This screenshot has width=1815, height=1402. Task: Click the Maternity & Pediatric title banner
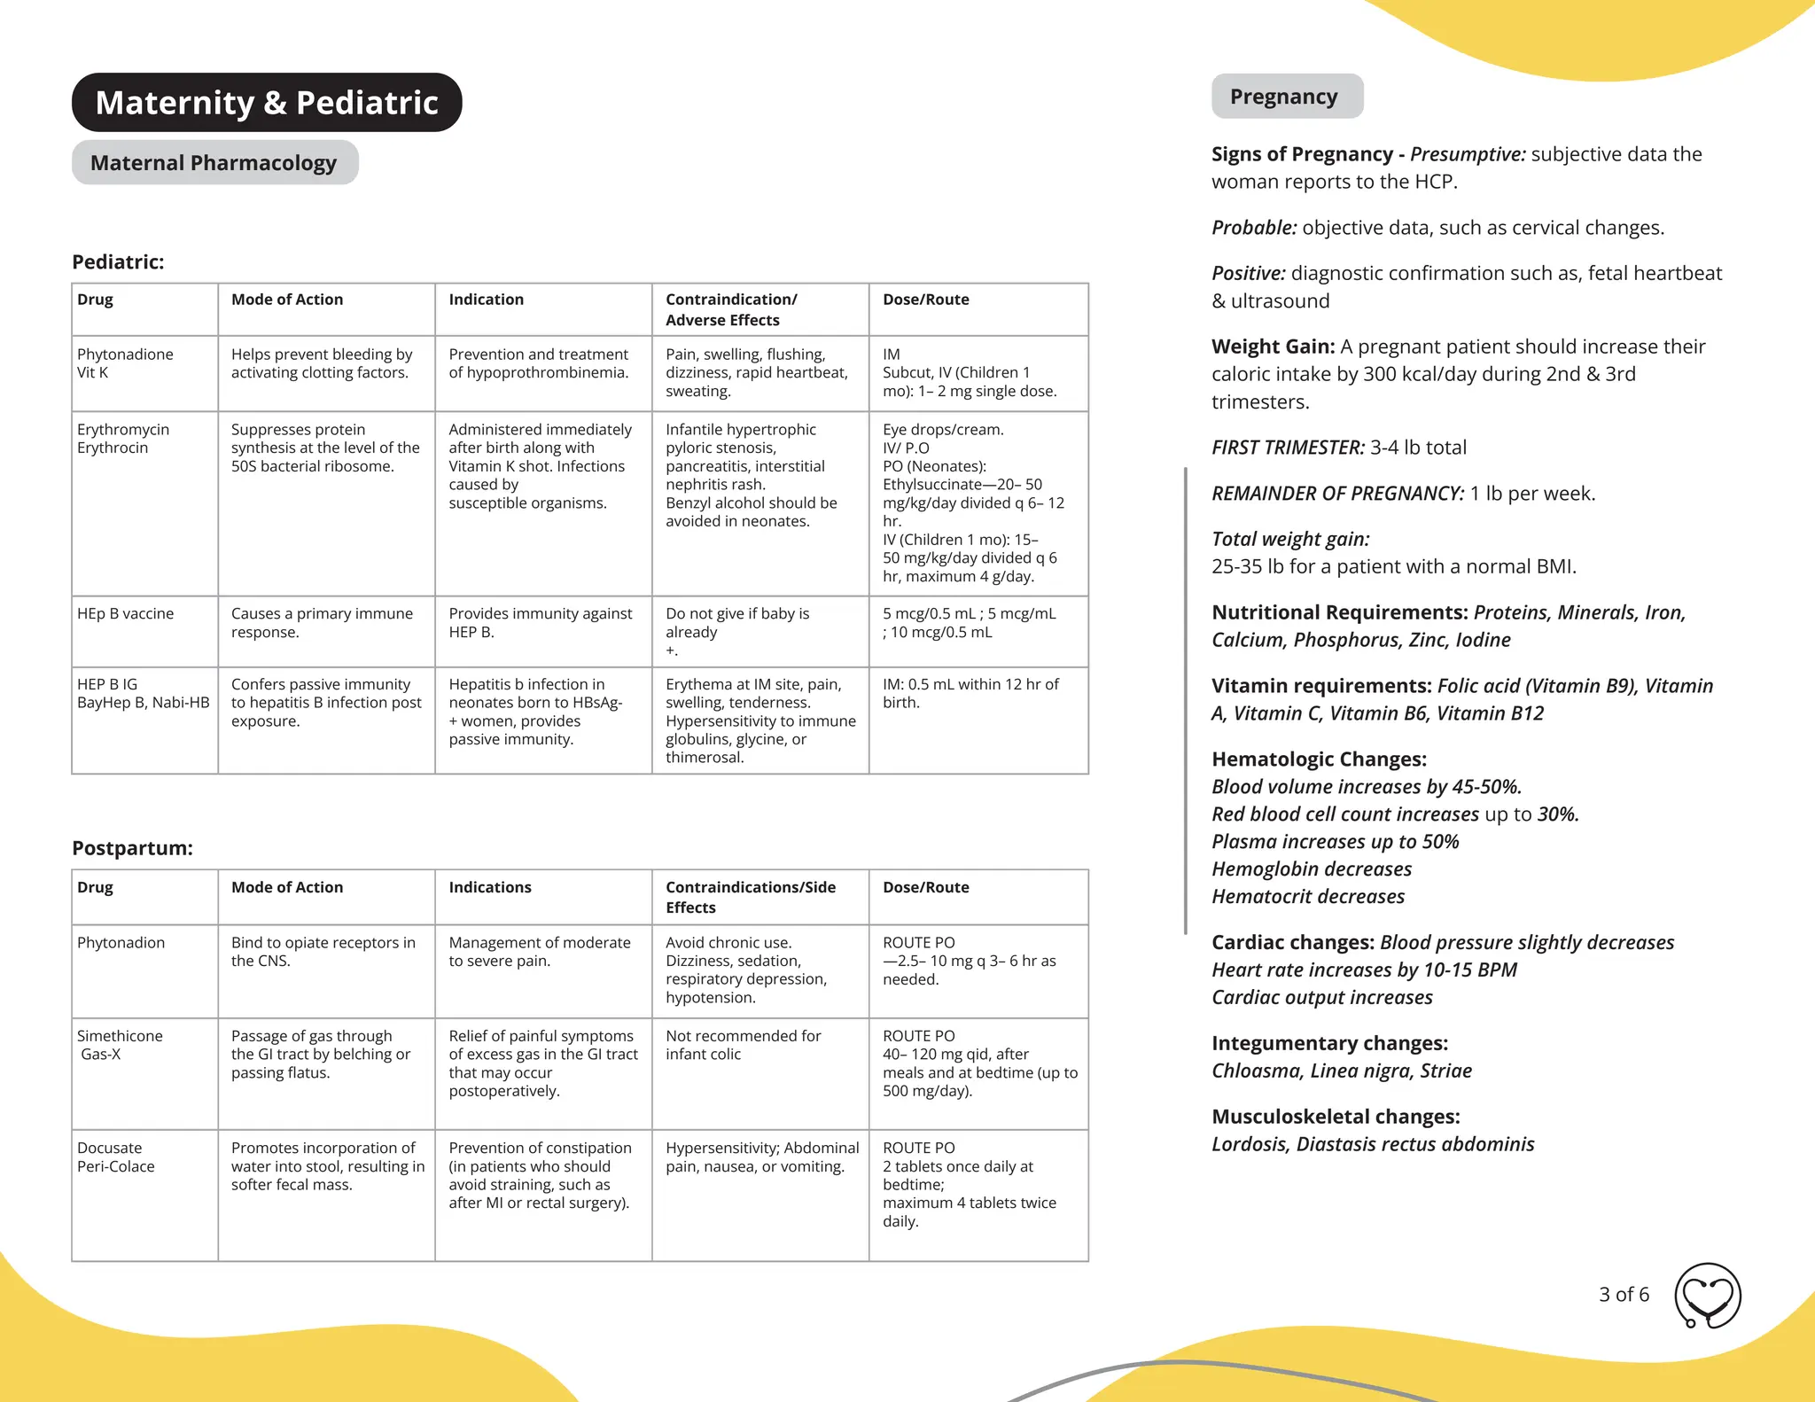point(267,103)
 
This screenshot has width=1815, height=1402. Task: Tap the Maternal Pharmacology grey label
point(214,163)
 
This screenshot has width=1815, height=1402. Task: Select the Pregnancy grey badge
point(1286,97)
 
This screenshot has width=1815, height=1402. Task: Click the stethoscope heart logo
point(1707,1296)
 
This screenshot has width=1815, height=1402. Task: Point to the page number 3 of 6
point(1624,1295)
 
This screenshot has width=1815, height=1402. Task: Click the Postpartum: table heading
point(132,848)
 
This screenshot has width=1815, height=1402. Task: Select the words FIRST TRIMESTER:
point(1288,448)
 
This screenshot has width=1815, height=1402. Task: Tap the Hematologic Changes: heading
point(1319,759)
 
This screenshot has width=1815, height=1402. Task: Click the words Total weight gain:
point(1290,539)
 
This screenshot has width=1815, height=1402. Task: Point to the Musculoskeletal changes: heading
point(1336,1117)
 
